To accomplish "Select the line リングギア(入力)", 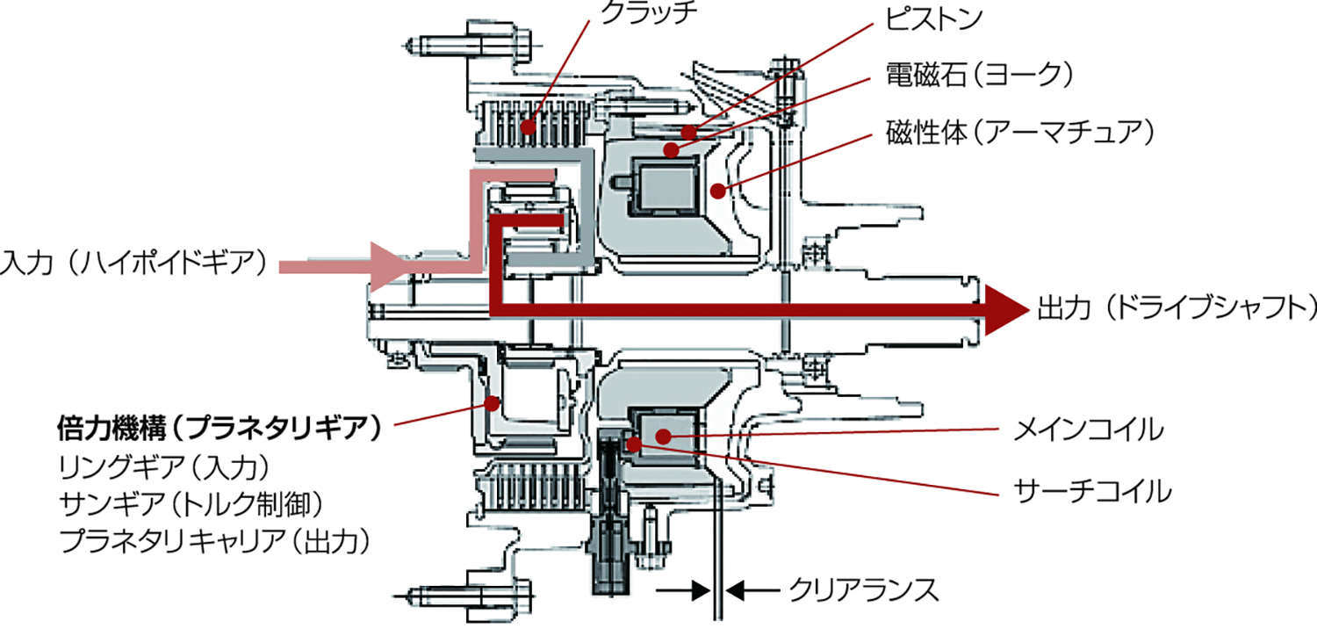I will pos(162,466).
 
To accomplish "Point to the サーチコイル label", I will pos(1092,490).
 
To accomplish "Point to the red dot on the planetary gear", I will pos(493,404).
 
